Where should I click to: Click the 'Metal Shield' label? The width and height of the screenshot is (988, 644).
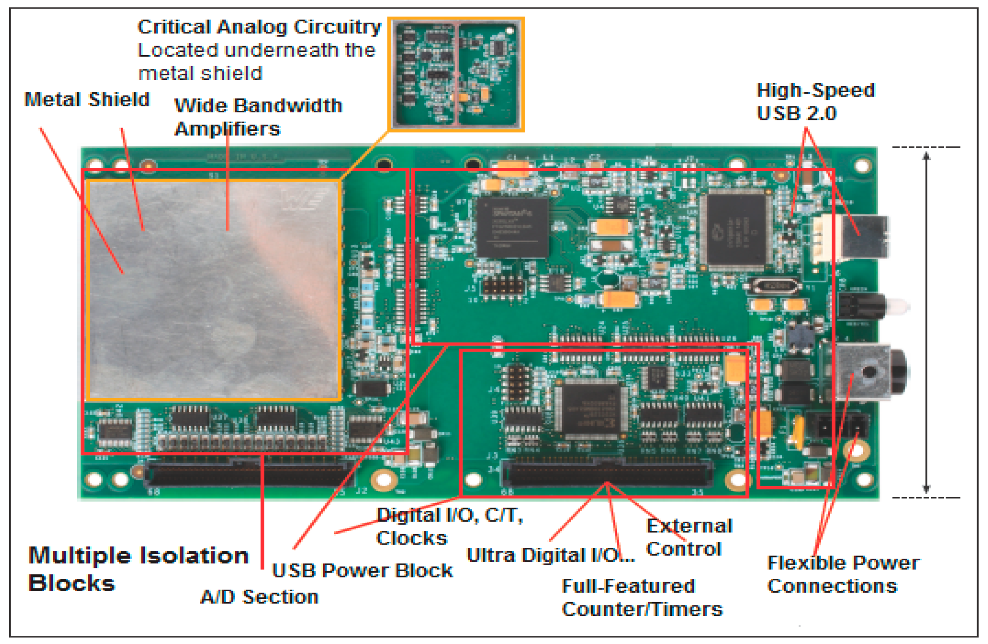(x=87, y=100)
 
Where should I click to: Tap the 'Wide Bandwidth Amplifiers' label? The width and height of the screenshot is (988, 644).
(x=258, y=117)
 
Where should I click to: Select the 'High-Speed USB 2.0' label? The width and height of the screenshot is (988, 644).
(x=815, y=102)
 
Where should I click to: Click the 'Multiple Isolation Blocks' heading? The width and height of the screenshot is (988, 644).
(x=138, y=569)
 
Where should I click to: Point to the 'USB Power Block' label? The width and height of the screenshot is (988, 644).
(x=362, y=571)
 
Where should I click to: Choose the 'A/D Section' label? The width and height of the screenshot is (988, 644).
(x=259, y=597)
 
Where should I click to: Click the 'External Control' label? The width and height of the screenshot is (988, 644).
(x=689, y=537)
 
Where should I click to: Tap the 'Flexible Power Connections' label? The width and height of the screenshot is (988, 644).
(x=844, y=575)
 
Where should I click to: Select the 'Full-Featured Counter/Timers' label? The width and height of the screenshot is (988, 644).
(x=642, y=598)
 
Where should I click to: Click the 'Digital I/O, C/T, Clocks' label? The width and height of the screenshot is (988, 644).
(x=449, y=527)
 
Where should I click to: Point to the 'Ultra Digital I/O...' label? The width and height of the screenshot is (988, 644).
(x=550, y=555)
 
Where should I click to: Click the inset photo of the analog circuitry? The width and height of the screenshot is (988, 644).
(x=456, y=74)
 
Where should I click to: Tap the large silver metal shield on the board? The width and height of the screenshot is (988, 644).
(x=214, y=289)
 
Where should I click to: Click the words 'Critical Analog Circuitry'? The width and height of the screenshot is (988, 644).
(x=259, y=27)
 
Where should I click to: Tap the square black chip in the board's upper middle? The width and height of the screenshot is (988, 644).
(x=512, y=227)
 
